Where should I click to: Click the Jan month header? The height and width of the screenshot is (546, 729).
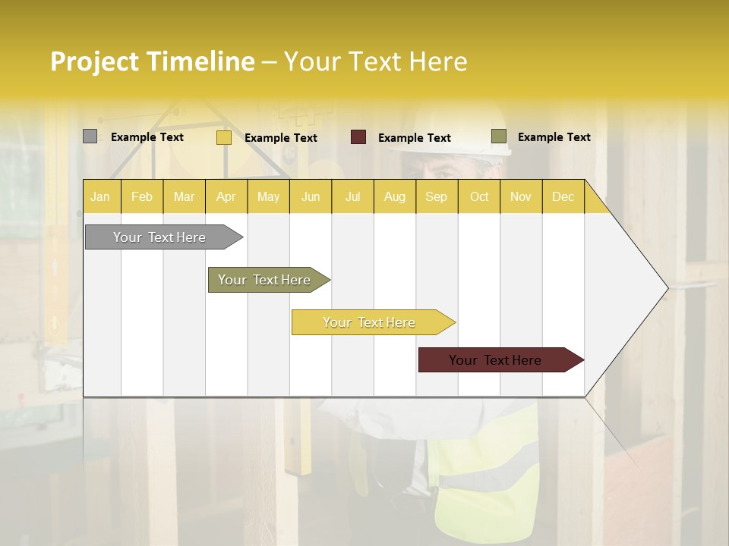tap(101, 196)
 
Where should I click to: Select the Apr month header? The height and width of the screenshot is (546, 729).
tap(226, 196)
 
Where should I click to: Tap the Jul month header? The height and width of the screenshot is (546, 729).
tap(353, 196)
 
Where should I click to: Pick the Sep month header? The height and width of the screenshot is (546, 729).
tap(437, 196)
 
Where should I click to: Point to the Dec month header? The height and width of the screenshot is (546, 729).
tap(563, 196)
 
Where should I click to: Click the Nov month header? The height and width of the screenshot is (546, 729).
tap(521, 196)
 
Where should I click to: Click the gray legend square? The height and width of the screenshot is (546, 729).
tap(90, 136)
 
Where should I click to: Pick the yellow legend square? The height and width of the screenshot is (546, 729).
tap(223, 137)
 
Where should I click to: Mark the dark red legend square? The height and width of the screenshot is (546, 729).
tap(358, 137)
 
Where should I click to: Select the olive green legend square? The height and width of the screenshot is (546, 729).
tap(498, 136)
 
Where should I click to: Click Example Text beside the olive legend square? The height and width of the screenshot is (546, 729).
tap(554, 137)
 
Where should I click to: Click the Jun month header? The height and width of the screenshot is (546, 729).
tap(311, 196)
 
